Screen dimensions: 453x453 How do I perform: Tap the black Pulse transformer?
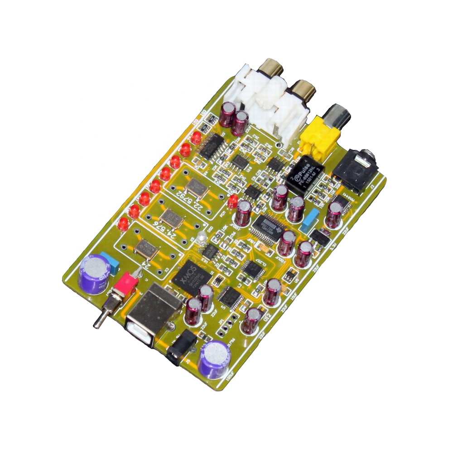pos(305,174)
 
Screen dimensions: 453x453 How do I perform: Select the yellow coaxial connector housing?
pos(321,136)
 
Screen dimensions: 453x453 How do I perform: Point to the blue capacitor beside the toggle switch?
pos(110,264)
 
